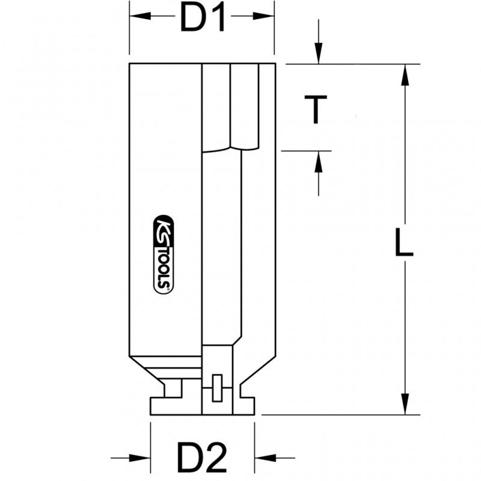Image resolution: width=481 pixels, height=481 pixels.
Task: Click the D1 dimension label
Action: [203, 19]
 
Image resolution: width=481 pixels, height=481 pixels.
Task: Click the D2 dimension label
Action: [203, 458]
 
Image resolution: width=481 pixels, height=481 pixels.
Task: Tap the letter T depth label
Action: [316, 110]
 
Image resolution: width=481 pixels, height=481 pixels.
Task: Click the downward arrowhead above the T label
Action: [319, 55]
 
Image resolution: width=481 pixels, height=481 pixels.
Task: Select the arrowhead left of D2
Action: [142, 458]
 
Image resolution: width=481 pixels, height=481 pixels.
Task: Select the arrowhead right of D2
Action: [263, 458]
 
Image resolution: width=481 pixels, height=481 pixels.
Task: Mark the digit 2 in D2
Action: [218, 458]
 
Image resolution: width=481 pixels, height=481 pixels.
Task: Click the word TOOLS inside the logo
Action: [164, 265]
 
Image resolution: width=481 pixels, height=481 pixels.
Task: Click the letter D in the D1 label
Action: [191, 19]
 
